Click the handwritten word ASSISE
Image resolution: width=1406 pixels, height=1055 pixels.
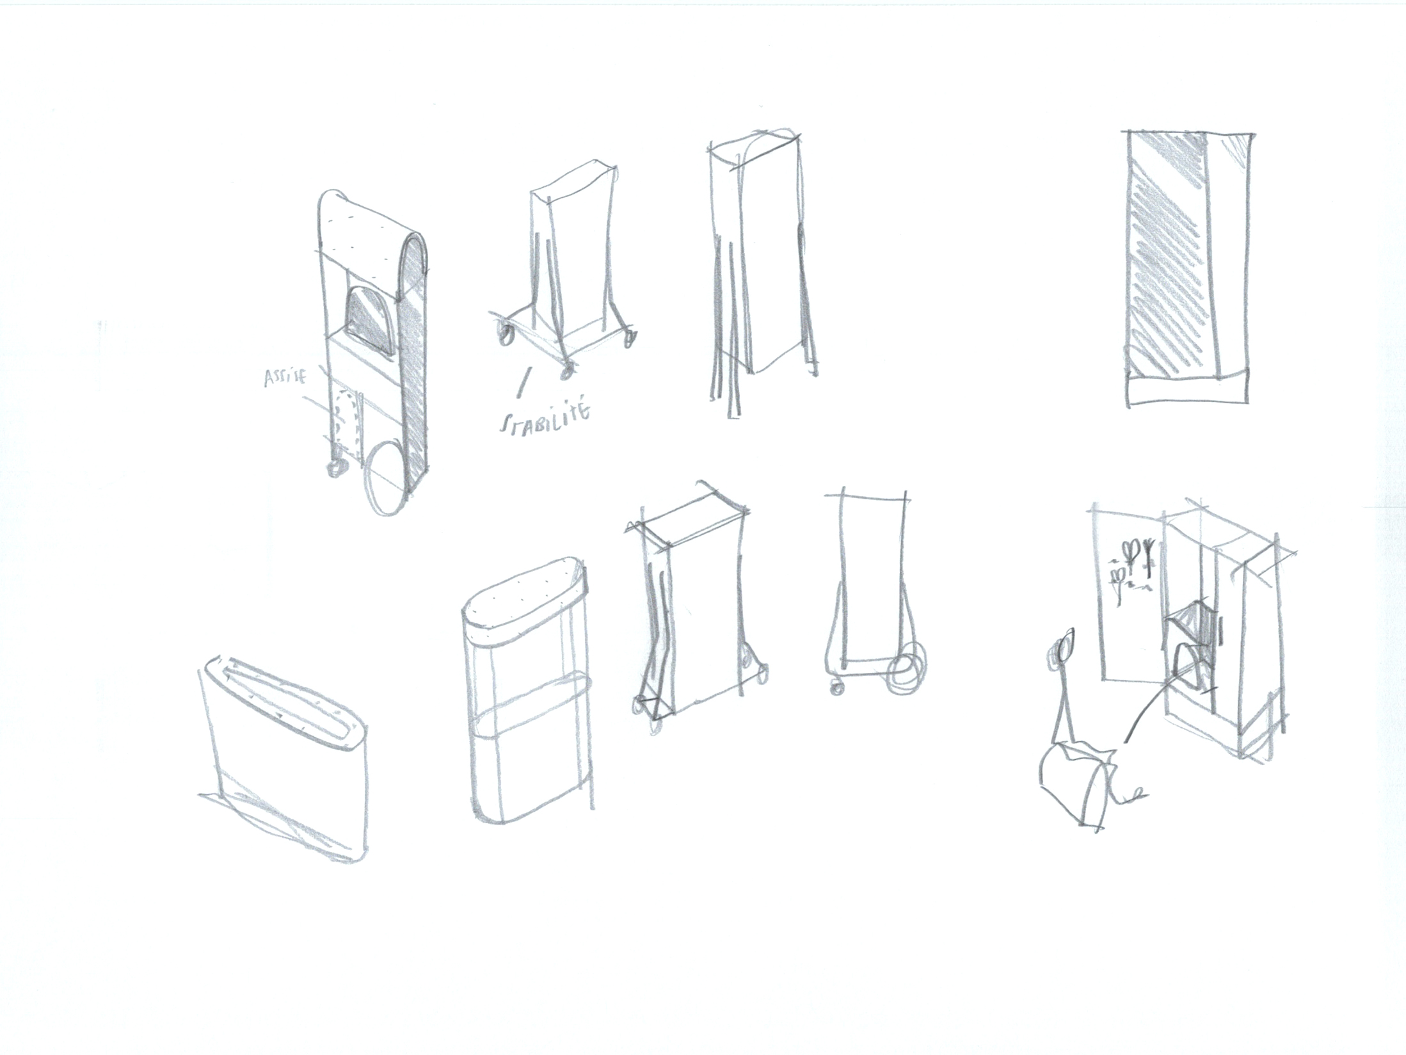pyautogui.click(x=285, y=378)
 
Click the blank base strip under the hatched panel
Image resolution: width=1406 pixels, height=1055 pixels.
pyautogui.click(x=1187, y=387)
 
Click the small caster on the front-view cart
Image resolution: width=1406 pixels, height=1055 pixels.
pyautogui.click(x=837, y=688)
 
